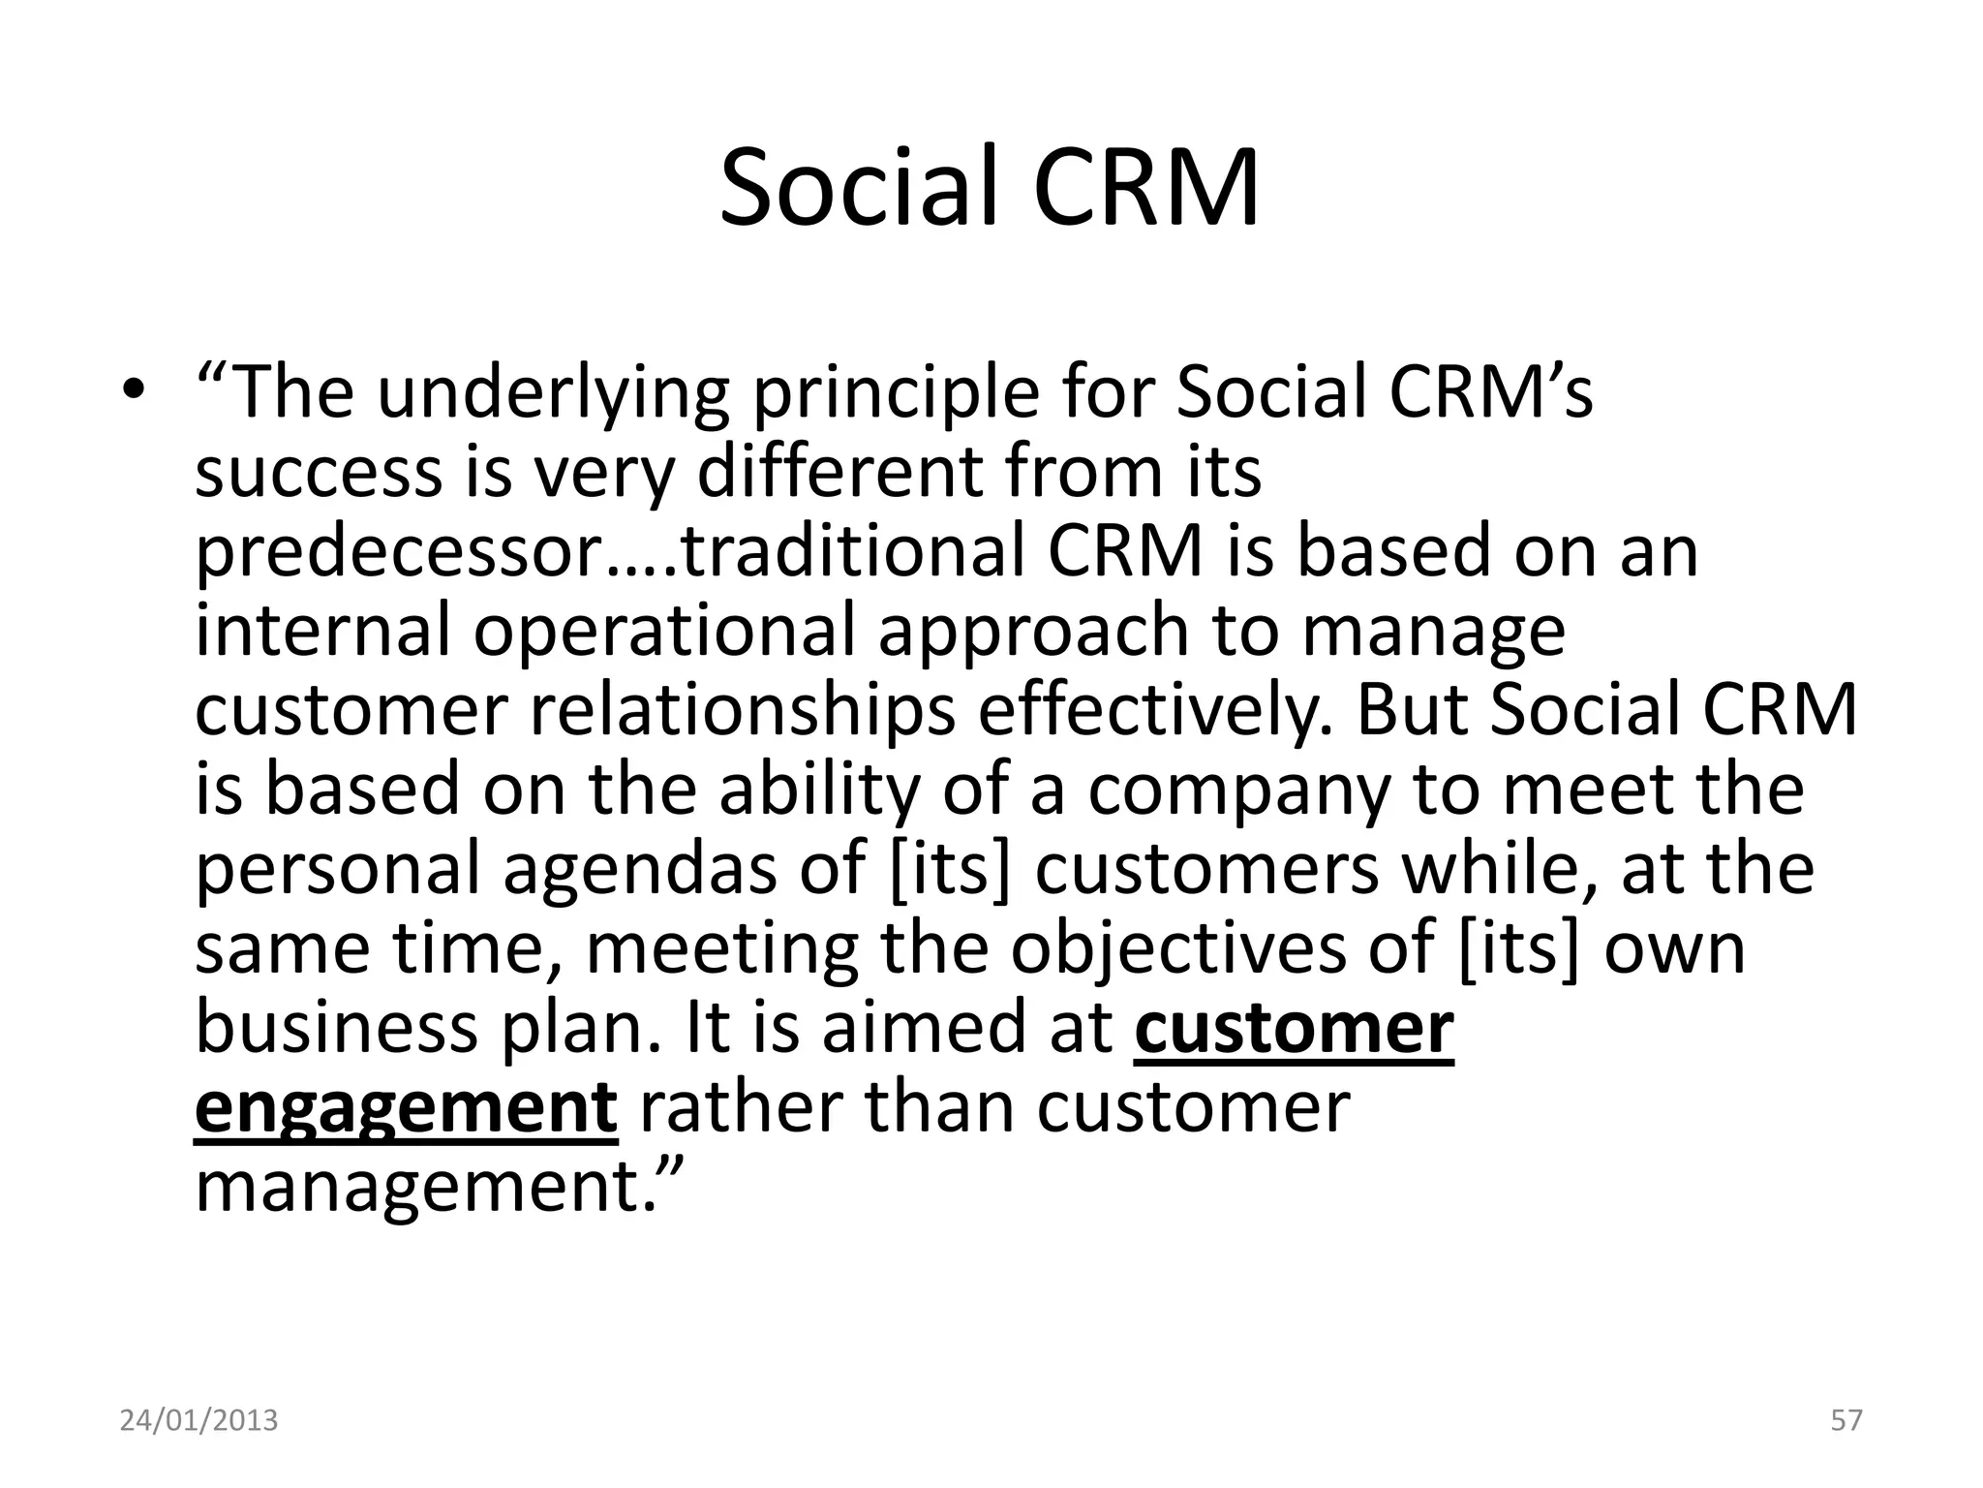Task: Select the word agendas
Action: coord(639,868)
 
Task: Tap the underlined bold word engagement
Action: coord(406,1107)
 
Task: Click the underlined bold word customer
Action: coord(1294,1027)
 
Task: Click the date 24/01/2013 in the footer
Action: coord(198,1421)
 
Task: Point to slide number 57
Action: coord(1846,1421)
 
